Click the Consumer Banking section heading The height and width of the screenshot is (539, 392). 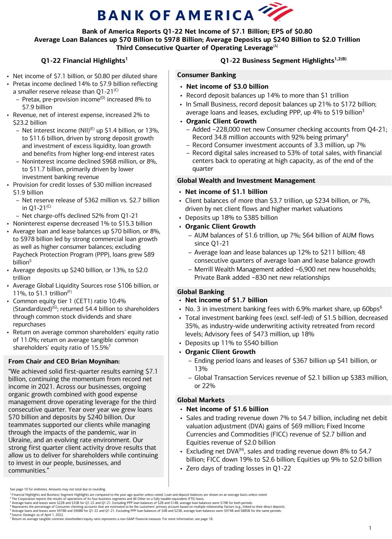206,75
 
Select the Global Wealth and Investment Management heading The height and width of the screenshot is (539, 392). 246,181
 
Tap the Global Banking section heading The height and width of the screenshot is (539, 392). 201,292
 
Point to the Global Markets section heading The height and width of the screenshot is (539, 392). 201,400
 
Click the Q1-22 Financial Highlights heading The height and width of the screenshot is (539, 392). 84,61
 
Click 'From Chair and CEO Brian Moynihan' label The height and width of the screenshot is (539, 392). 64,361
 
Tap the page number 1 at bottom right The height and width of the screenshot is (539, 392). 370,528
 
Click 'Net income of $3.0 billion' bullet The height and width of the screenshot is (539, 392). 227,86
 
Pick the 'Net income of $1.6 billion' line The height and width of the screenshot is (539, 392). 227,409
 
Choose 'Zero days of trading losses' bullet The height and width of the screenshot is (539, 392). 238,469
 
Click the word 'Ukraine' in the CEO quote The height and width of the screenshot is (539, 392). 20,440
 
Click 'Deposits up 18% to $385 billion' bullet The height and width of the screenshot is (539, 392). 231,218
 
